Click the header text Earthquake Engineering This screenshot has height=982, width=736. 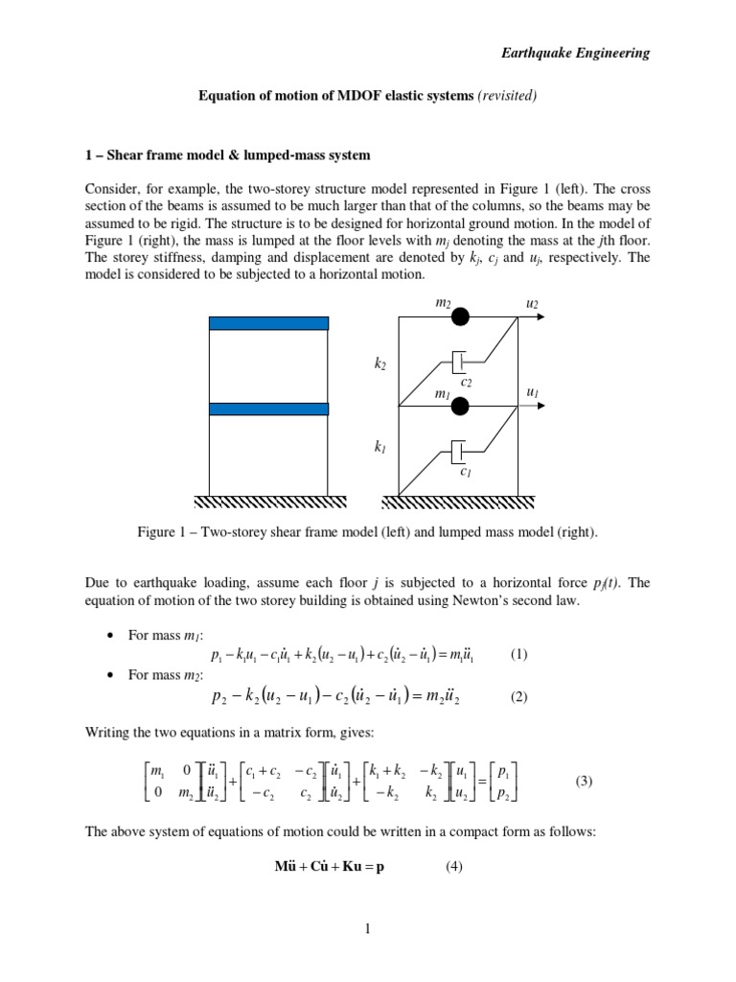(576, 54)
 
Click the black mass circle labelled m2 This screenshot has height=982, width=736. (461, 317)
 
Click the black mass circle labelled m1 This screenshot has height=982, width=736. (461, 406)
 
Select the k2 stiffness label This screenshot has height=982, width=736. (379, 364)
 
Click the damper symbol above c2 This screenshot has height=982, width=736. (458, 363)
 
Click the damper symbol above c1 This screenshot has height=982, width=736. (458, 451)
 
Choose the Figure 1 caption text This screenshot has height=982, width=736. (368, 532)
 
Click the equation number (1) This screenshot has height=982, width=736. (519, 655)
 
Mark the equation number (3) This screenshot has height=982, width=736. (585, 782)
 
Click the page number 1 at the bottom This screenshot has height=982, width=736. (367, 928)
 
